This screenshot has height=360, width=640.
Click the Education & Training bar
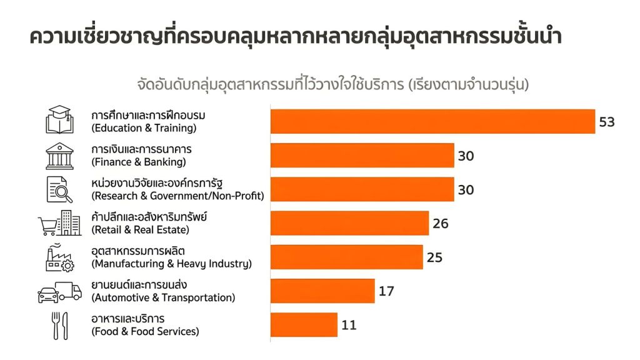point(432,121)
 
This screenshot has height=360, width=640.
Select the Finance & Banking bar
point(362,156)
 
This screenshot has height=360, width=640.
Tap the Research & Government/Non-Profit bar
point(362,189)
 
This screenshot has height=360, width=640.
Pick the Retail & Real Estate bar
point(349,223)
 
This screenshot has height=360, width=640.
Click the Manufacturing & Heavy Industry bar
point(346,257)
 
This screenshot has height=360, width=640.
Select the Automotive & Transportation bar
point(322,291)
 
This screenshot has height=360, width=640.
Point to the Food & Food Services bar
point(304,324)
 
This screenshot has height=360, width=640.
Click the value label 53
point(607,122)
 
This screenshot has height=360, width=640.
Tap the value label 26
point(441,223)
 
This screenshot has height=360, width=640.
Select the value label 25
point(434,257)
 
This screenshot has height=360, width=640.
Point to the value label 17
point(386,291)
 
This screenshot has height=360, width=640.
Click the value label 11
point(349,324)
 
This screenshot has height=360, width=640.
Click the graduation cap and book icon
point(60,120)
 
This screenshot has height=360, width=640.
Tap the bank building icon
point(59,156)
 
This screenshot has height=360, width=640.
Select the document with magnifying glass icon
point(60,189)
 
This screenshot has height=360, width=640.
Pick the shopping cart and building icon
point(60,223)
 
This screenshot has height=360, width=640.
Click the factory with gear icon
point(60,257)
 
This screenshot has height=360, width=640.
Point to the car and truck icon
point(60,292)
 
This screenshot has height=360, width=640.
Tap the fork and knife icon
point(60,325)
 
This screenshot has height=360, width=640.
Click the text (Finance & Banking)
point(139,162)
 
